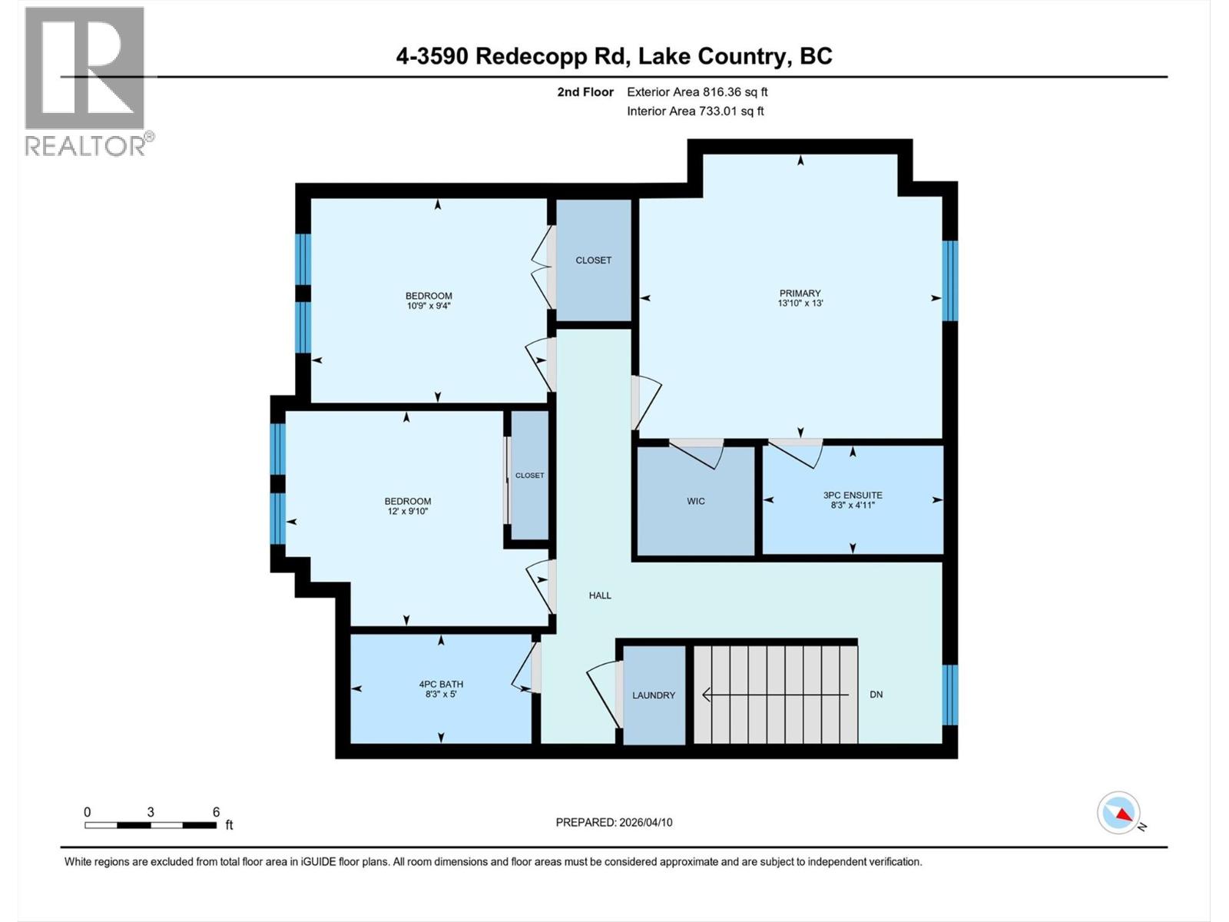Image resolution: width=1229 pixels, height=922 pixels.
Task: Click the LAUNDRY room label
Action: click(654, 695)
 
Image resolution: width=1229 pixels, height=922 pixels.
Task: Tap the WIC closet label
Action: click(696, 502)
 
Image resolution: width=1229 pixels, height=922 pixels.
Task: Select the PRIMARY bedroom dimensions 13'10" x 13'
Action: click(800, 303)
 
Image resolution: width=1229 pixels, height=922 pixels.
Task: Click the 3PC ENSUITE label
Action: click(853, 496)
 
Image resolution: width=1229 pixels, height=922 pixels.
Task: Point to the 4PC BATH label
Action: click(441, 684)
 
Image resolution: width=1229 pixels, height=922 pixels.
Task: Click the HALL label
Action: click(600, 595)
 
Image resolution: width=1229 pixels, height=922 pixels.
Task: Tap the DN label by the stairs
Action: click(876, 695)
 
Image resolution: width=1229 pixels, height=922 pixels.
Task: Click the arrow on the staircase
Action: click(776, 695)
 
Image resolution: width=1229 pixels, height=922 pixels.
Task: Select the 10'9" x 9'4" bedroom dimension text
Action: click(429, 306)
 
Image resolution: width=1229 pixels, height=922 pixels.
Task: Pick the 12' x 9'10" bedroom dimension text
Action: click(407, 511)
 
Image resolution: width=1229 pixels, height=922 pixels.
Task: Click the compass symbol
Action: click(1119, 813)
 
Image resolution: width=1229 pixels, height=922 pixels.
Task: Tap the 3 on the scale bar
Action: click(151, 812)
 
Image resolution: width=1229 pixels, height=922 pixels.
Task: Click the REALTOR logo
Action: click(86, 81)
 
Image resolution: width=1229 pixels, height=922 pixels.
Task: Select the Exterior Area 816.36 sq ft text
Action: click(697, 92)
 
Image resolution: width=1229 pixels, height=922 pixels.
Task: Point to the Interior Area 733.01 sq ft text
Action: click(695, 111)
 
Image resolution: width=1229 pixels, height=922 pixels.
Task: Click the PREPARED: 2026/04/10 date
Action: click(614, 822)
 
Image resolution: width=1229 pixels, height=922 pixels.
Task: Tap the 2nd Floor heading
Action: click(585, 92)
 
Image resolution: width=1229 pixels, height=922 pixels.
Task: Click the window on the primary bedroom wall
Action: click(950, 280)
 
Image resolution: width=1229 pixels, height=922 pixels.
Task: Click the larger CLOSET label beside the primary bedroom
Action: click(594, 260)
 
